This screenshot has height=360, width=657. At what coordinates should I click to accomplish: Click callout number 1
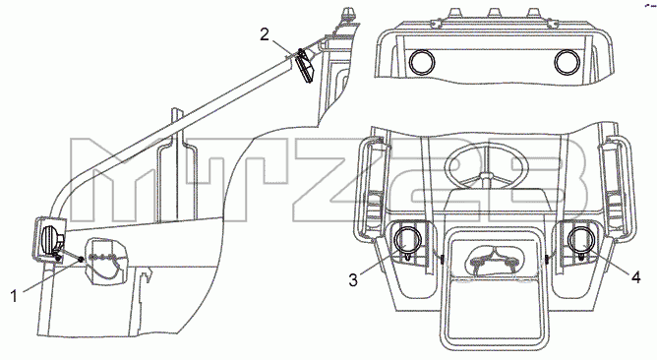click(14, 297)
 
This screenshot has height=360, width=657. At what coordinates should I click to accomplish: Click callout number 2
click(265, 34)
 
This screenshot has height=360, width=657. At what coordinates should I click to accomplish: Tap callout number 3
click(353, 280)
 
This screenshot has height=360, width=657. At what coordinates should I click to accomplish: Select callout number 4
click(635, 277)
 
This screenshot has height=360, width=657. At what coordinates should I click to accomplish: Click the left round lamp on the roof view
click(422, 62)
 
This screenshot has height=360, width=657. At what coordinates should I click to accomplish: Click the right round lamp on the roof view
click(567, 62)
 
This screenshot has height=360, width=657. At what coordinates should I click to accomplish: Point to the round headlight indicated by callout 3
click(406, 239)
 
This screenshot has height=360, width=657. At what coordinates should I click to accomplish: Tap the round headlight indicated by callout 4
click(580, 239)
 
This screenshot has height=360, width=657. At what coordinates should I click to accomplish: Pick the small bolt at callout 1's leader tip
click(79, 261)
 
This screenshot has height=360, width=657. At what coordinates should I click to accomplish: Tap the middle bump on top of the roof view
click(495, 14)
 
